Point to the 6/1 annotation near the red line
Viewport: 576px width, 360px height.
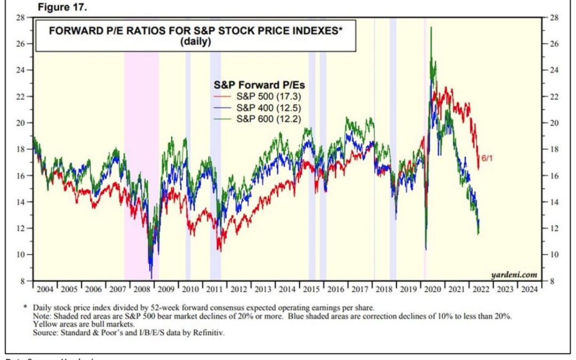(487, 158)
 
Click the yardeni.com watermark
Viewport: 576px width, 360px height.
(516, 275)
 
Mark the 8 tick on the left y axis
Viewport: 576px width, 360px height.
(23, 281)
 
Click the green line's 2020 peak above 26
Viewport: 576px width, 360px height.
(431, 28)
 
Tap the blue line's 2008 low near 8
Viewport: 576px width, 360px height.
(151, 277)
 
